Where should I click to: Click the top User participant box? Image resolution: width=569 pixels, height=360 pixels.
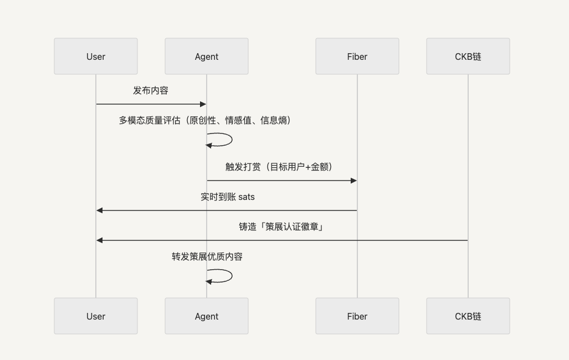coord(96,56)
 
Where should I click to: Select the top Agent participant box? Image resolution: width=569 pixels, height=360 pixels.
coord(207,56)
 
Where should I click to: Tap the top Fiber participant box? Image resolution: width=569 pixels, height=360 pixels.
coord(357,56)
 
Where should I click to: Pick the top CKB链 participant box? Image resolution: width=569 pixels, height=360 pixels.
coord(468,56)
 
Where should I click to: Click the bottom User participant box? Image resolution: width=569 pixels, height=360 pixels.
coord(96,316)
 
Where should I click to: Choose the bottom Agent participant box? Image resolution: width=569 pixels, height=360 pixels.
coord(207,316)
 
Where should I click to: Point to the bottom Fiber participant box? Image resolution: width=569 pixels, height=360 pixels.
coord(357,316)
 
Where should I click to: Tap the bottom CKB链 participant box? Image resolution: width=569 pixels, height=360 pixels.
coord(468,316)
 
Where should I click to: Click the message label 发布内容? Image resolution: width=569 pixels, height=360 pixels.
coord(151,90)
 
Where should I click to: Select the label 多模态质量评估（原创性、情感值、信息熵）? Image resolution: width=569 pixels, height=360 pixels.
coord(205,120)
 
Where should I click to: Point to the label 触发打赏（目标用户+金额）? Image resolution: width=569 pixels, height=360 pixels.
coord(279,167)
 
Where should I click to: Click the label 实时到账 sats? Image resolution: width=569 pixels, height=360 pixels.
coord(228,197)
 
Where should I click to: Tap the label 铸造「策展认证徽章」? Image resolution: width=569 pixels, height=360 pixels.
coord(281,227)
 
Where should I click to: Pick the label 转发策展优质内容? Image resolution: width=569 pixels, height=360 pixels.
coord(207,256)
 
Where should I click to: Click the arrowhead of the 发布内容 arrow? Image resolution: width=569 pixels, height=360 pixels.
coord(203,104)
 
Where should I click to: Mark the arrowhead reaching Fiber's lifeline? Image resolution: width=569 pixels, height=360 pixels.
coord(354,181)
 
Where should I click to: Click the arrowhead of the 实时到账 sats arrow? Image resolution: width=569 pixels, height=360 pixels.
coord(99,210)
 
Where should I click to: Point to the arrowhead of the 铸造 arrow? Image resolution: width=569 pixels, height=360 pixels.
coord(99,240)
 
